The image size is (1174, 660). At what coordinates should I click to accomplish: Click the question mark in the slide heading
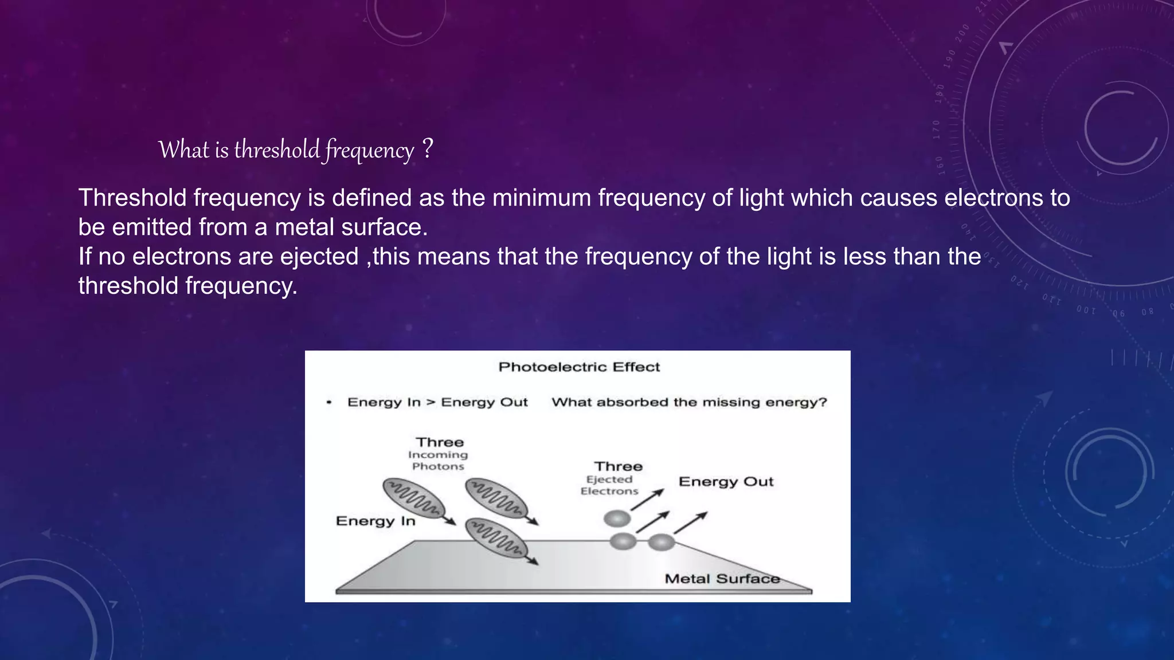(427, 149)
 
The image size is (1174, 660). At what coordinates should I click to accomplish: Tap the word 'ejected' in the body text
(319, 256)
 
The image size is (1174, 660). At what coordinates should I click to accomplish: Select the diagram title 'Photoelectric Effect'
(579, 367)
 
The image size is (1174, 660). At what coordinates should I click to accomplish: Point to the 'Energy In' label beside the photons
(375, 521)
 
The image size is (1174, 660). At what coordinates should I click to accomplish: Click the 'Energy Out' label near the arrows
(726, 481)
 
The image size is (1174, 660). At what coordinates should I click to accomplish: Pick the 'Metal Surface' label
(722, 579)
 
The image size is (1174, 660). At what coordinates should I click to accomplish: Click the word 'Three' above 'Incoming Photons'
(440, 442)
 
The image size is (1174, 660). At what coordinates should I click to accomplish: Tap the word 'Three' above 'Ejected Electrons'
(618, 466)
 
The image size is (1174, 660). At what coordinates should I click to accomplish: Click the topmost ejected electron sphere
(617, 519)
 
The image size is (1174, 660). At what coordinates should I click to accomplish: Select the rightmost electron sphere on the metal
(661, 541)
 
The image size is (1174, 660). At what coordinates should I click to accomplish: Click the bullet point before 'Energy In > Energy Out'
(329, 402)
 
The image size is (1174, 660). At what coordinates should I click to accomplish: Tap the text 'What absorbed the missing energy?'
(689, 402)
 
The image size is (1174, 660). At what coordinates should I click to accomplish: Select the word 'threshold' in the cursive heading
(277, 150)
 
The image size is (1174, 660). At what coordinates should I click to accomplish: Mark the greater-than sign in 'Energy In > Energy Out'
(431, 402)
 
